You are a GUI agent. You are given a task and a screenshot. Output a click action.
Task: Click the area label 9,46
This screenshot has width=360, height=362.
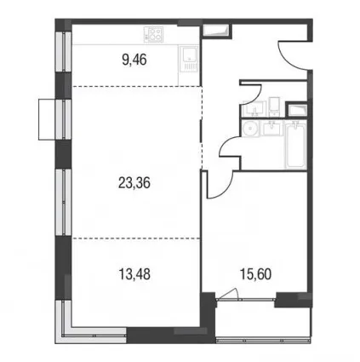coord(134,60)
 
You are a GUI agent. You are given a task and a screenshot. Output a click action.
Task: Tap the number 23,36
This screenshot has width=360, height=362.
coord(134,183)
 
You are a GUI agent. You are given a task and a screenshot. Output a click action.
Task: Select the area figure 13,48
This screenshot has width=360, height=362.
coord(134,274)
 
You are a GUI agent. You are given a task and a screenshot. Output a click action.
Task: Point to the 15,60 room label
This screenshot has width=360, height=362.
coord(255,274)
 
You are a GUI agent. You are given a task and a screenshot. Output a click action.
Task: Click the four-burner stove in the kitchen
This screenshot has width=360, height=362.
coord(153,34)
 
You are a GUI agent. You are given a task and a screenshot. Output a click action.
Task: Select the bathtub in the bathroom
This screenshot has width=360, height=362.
coord(295,145)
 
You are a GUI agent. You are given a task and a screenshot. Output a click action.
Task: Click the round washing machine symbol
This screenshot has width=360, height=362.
coord(250,129)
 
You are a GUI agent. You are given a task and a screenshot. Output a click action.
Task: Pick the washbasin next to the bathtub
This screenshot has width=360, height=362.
coord(272,129)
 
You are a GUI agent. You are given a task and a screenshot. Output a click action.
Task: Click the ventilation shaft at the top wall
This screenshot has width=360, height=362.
coord(217,31)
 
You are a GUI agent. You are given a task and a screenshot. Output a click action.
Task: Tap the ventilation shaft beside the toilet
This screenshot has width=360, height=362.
coord(296,110)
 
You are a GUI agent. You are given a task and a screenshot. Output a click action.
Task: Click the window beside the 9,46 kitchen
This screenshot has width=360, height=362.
coord(63,51)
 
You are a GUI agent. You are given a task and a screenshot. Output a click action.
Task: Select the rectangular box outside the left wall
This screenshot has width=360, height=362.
coord(47,119)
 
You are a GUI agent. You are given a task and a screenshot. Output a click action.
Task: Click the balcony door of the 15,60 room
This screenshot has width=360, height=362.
coord(245,298)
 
